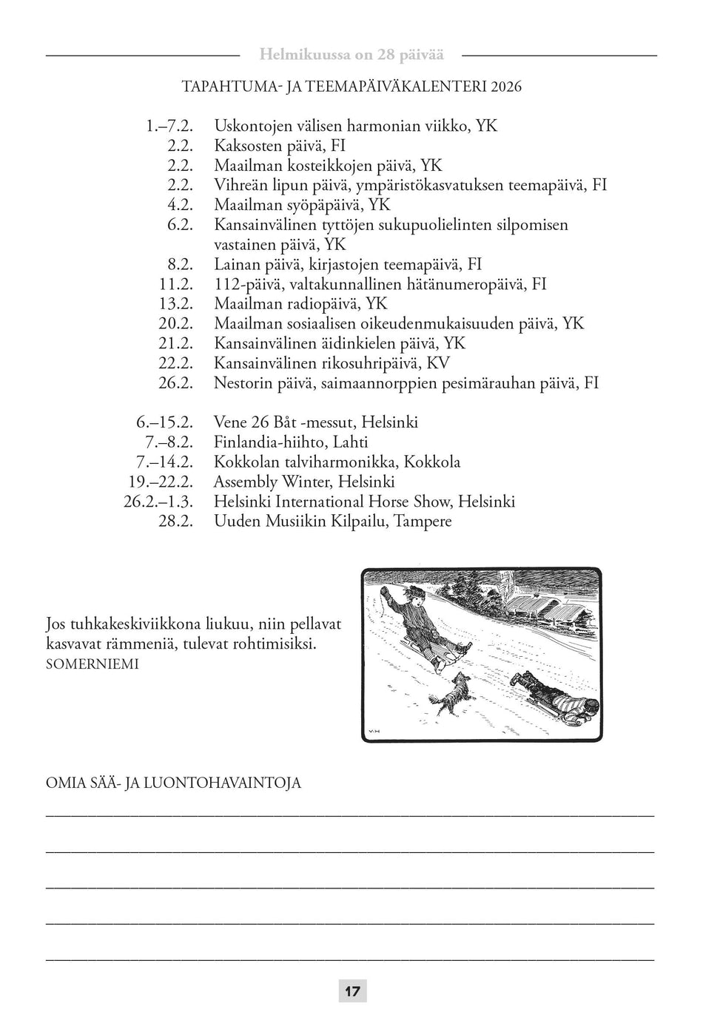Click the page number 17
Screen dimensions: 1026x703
pyautogui.click(x=352, y=991)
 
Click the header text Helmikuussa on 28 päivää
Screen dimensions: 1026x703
pyautogui.click(x=351, y=55)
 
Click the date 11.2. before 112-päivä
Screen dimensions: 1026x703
pyautogui.click(x=175, y=284)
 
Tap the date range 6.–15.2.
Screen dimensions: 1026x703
pyautogui.click(x=164, y=422)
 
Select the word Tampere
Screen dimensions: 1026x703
pyautogui.click(x=423, y=522)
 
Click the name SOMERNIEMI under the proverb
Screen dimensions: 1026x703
pyautogui.click(x=92, y=664)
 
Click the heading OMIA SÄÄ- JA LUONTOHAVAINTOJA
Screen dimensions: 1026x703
pyautogui.click(x=173, y=783)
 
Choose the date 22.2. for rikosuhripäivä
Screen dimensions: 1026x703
pyautogui.click(x=175, y=363)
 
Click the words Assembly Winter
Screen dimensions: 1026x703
pyautogui.click(x=272, y=482)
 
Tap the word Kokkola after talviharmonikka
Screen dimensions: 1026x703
pyautogui.click(x=432, y=462)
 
